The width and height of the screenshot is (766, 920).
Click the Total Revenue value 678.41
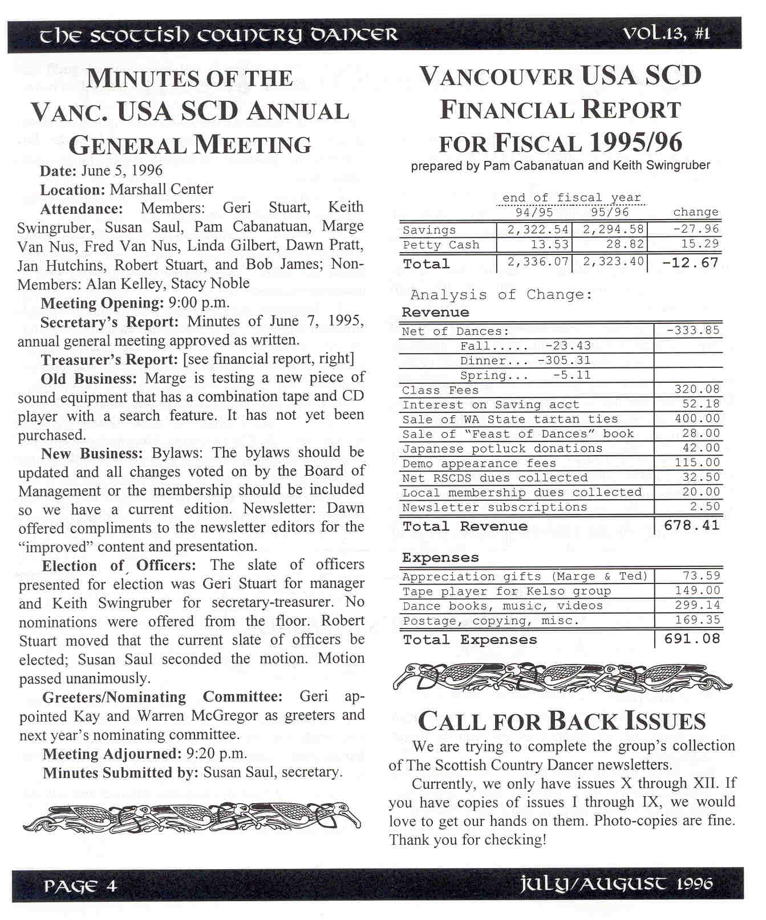point(691,525)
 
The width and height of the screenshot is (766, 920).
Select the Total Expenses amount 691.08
point(692,639)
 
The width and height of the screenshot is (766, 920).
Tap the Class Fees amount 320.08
point(697,390)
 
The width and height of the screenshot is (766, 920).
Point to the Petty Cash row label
point(441,245)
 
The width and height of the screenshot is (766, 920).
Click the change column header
point(695,212)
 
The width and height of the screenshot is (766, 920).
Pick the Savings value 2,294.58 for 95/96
point(613,229)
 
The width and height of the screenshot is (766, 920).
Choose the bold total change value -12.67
point(690,263)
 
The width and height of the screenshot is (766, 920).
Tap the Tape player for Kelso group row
point(506,591)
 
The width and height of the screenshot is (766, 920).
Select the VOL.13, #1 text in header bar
point(666,34)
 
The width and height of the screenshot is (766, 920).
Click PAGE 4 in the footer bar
point(80,886)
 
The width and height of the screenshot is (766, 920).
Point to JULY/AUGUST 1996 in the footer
point(616,885)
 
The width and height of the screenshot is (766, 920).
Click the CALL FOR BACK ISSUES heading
point(562,721)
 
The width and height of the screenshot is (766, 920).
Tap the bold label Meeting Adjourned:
point(112,754)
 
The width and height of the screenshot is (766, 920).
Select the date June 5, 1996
point(121,171)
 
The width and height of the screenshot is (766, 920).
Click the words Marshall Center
point(161,189)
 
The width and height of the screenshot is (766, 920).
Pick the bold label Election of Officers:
point(119,566)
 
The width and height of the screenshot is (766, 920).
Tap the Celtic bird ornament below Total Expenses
point(562,677)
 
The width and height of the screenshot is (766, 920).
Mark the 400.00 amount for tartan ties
point(697,419)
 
